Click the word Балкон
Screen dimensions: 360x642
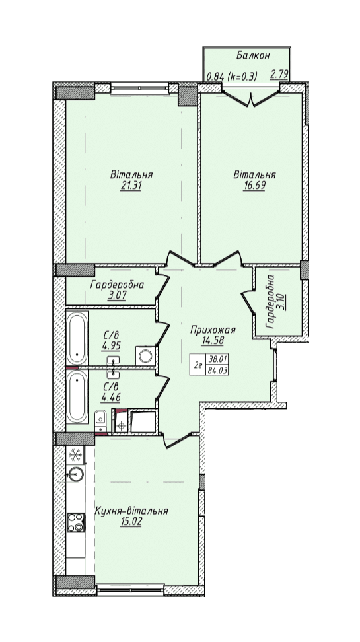pos(253,55)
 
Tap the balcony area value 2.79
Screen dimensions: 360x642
pos(279,75)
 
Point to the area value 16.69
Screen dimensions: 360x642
pos(254,185)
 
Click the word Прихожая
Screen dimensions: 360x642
pos(213,330)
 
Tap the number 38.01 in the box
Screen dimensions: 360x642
pos(218,359)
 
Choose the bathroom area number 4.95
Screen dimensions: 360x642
pos(111,346)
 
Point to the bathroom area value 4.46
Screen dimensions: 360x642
pos(111,396)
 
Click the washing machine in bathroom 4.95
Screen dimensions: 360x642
pos(145,355)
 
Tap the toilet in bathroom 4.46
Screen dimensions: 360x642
pos(100,419)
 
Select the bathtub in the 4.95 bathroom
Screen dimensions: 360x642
pos(77,338)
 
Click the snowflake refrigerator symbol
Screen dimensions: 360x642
pos(75,455)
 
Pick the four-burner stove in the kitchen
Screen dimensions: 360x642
pos(76,522)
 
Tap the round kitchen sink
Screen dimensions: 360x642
pos(75,475)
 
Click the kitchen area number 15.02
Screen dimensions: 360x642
pos(131,523)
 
